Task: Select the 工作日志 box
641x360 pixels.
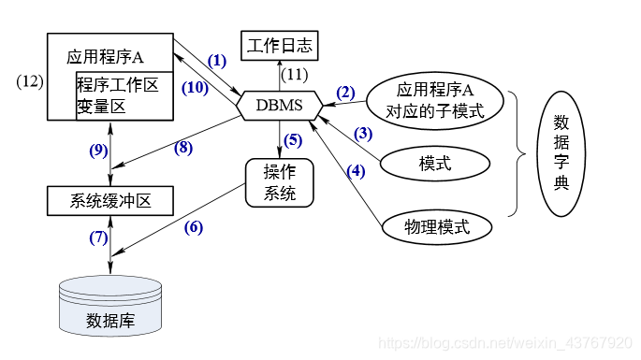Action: (x=279, y=44)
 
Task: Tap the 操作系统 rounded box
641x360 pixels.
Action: (x=279, y=182)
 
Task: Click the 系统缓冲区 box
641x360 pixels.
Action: (x=110, y=200)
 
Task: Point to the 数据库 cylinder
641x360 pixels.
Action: (x=110, y=308)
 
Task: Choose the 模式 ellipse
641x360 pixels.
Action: (x=435, y=163)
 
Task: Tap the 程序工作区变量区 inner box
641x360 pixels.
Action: (x=124, y=95)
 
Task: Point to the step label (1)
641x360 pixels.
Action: (x=217, y=61)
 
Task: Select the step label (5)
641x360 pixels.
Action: (x=292, y=141)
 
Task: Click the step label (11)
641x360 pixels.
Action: (x=295, y=73)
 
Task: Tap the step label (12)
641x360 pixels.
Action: (x=30, y=81)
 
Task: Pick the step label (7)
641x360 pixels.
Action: (x=99, y=237)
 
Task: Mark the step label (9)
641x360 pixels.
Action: (x=99, y=149)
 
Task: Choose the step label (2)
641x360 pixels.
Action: (x=345, y=92)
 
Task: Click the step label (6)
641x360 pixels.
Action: (x=193, y=226)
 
